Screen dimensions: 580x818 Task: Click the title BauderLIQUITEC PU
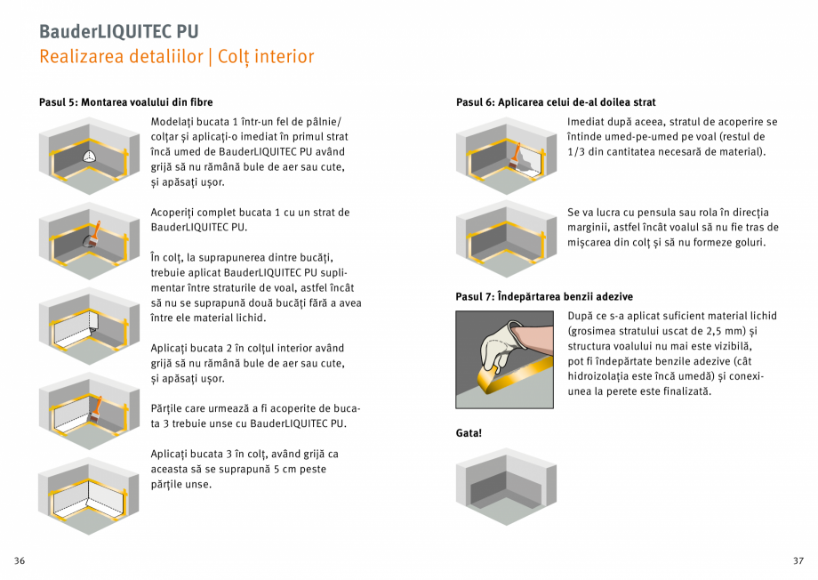118,30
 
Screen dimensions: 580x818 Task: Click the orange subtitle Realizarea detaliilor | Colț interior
176,57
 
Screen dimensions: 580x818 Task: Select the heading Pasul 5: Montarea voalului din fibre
125,102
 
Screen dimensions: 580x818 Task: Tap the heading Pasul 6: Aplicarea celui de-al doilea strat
556,102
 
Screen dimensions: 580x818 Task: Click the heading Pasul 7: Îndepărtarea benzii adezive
543,296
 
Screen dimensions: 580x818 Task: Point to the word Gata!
469,432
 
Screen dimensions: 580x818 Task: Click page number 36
20,560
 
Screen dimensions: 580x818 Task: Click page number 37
798,560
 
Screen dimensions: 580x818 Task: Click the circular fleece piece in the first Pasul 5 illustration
88,157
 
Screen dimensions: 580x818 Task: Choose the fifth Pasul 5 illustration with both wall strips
89,494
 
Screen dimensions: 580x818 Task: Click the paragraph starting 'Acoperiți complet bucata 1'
251,220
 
